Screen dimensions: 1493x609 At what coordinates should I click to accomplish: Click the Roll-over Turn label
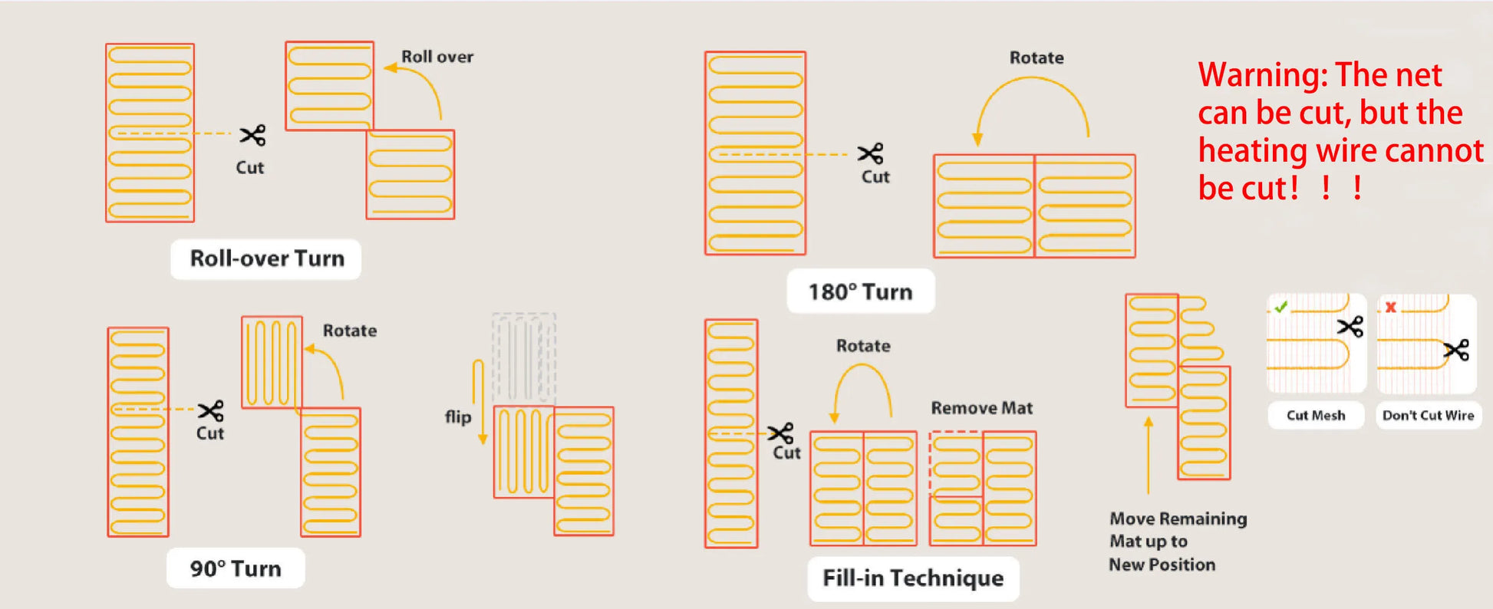(x=266, y=258)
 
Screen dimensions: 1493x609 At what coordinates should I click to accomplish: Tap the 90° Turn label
(x=236, y=568)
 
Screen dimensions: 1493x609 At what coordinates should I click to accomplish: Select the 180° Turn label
(x=861, y=291)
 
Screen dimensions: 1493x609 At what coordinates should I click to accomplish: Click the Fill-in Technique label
(x=913, y=578)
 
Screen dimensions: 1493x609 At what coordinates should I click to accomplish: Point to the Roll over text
(x=437, y=57)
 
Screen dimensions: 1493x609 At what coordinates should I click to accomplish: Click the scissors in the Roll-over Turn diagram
(x=252, y=136)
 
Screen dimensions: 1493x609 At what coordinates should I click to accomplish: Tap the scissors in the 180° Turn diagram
(x=871, y=153)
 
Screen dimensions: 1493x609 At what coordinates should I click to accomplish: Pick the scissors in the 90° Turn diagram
(x=211, y=410)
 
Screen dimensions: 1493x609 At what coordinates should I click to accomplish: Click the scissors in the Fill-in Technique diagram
(x=781, y=433)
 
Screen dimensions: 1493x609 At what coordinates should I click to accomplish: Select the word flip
(x=458, y=416)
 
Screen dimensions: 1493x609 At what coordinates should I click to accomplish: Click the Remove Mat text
(x=982, y=408)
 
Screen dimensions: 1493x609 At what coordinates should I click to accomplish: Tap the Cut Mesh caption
(x=1316, y=415)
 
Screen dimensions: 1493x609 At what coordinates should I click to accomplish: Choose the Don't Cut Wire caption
(x=1428, y=415)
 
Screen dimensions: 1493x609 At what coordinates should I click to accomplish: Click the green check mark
(x=1280, y=307)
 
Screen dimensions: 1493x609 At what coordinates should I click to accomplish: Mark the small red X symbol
(x=1390, y=307)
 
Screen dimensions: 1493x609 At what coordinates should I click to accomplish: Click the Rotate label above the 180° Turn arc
(x=1037, y=58)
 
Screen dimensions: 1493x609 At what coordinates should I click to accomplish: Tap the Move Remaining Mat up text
(x=1178, y=530)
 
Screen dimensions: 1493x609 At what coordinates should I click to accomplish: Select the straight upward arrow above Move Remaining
(x=1149, y=455)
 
